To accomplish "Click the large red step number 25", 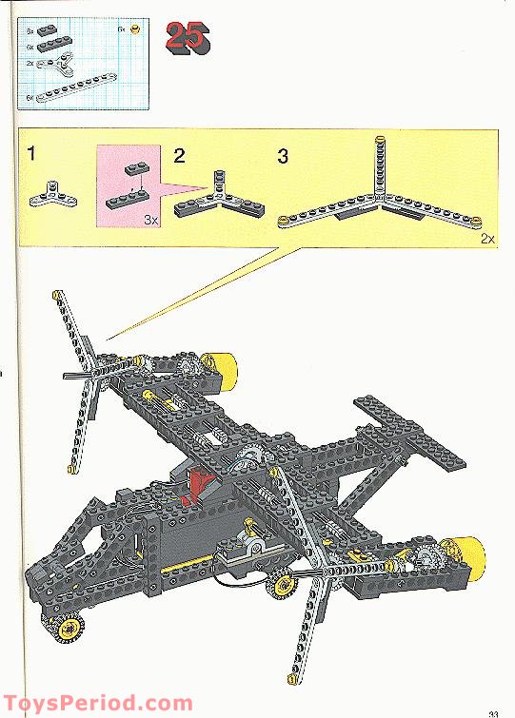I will pyautogui.click(x=188, y=37).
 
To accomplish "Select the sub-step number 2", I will pyautogui.click(x=179, y=154).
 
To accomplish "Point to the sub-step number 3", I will pyautogui.click(x=283, y=156).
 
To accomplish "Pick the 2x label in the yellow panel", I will pyautogui.click(x=487, y=239).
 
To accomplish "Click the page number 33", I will pyautogui.click(x=493, y=712).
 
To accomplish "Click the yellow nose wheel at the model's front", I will pyautogui.click(x=69, y=629).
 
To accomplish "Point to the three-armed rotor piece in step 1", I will pyautogui.click(x=47, y=193).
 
